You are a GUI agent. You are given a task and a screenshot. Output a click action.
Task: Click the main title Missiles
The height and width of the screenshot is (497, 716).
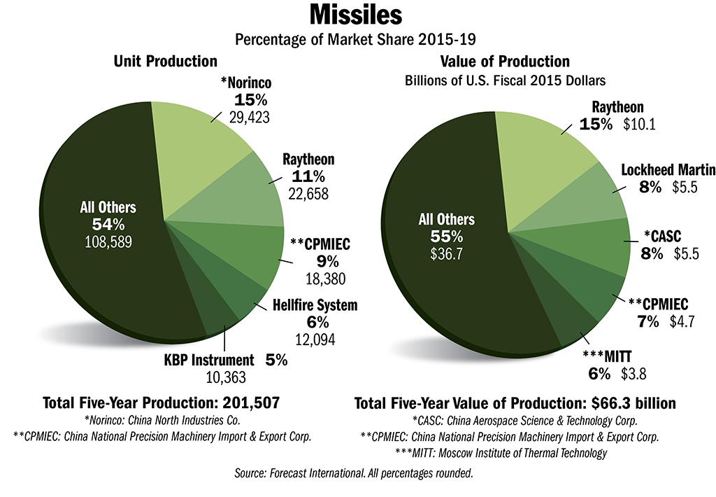click(357, 15)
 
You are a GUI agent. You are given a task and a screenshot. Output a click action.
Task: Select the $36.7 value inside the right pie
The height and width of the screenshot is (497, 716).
click(445, 252)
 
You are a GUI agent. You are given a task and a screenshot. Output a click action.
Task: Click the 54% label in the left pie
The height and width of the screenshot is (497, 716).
click(109, 224)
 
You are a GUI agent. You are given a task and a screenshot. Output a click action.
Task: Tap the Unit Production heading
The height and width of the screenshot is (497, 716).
click(166, 62)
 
